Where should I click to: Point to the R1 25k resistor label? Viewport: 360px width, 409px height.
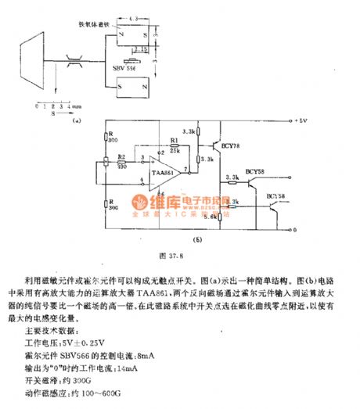[176, 146]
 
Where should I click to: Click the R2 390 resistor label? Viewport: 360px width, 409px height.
[121, 162]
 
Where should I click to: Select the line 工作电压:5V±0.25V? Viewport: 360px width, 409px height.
[74, 341]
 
